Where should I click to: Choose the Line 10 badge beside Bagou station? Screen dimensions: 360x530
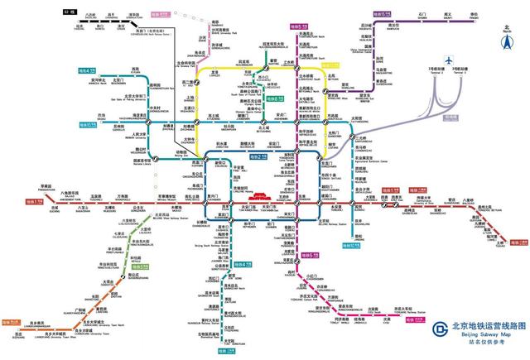click(87, 123)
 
